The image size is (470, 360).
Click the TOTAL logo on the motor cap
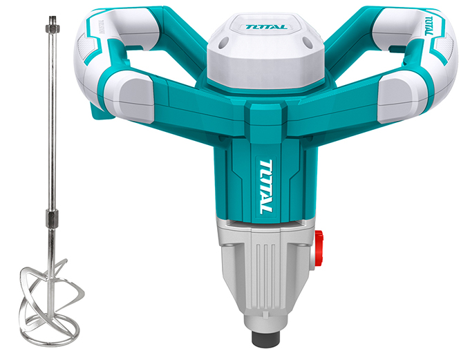[267, 27]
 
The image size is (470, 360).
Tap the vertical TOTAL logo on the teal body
[265, 187]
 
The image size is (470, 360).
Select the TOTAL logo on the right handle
[429, 26]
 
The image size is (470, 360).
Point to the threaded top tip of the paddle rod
[53, 21]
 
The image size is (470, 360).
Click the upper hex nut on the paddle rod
[53, 28]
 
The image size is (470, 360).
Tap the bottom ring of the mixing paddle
[53, 330]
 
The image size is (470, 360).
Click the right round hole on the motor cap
[308, 41]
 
